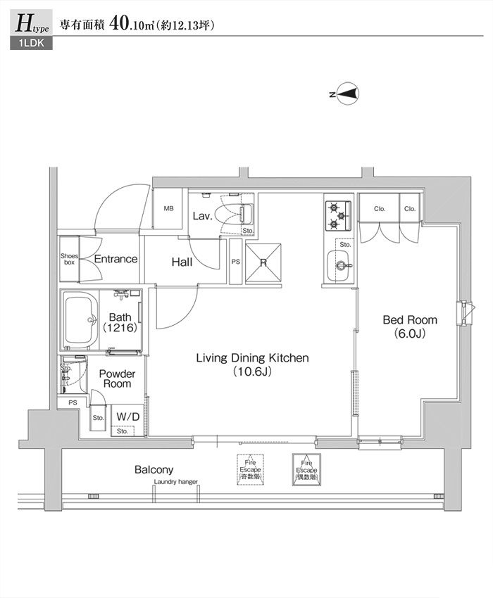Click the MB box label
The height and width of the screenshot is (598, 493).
[169, 209]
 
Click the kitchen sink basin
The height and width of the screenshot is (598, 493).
[340, 265]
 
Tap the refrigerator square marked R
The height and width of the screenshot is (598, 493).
[263, 263]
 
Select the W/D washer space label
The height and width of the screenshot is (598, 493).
[127, 416]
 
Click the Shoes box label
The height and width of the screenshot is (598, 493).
[68, 258]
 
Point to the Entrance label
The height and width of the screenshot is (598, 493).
[116, 259]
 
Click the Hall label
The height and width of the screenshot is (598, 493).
[182, 262]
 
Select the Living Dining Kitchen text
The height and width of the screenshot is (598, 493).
[252, 364]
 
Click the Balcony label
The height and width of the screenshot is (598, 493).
[154, 469]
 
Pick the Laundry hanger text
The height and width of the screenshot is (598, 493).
[176, 482]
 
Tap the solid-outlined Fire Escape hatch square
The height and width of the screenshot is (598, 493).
[306, 468]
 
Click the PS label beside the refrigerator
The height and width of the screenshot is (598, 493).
[235, 262]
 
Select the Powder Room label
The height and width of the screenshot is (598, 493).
[117, 378]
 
